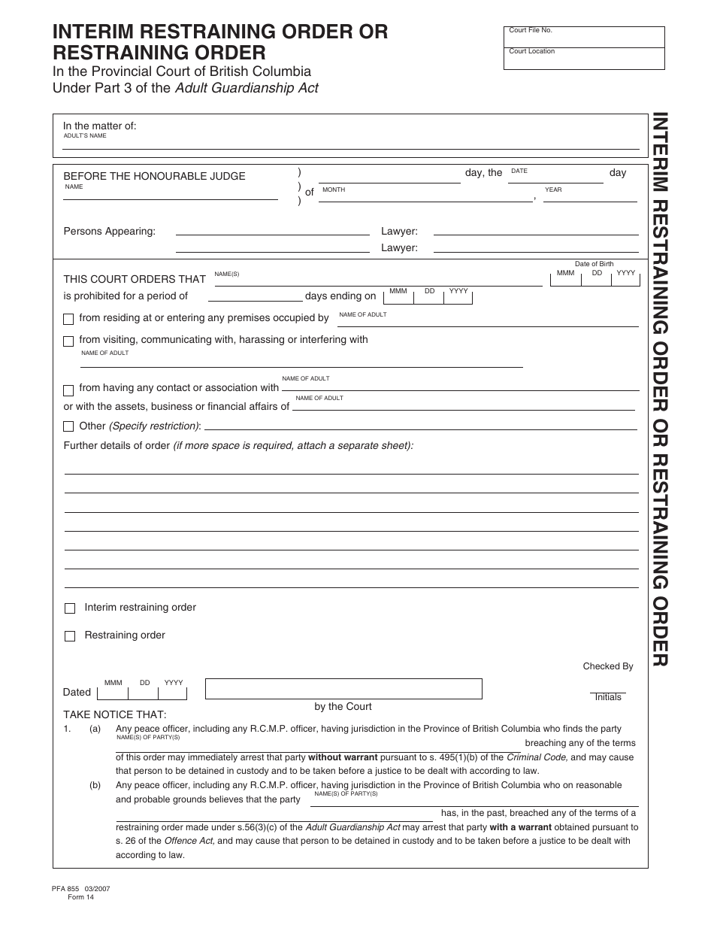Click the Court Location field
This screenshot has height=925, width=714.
[x=584, y=59]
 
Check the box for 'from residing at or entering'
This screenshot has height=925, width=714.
[x=68, y=319]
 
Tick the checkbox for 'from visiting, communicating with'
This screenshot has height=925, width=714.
[x=68, y=341]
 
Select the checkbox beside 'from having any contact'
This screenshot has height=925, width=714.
[x=68, y=390]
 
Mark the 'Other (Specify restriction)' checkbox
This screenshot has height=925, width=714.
[x=68, y=427]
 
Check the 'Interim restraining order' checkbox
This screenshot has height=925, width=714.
[x=70, y=608]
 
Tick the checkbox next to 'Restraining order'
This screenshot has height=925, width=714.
[x=70, y=636]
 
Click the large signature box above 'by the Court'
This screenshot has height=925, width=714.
[x=343, y=689]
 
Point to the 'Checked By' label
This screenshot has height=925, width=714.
[x=607, y=666]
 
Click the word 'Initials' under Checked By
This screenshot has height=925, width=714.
[x=607, y=697]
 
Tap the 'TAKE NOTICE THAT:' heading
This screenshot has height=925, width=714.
[x=114, y=714]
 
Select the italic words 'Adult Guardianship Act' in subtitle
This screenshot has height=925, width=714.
[x=247, y=88]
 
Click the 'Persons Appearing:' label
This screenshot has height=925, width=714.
[x=109, y=231]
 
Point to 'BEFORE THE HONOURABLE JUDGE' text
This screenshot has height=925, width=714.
[x=154, y=176]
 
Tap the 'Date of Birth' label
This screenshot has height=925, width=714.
[x=594, y=264]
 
